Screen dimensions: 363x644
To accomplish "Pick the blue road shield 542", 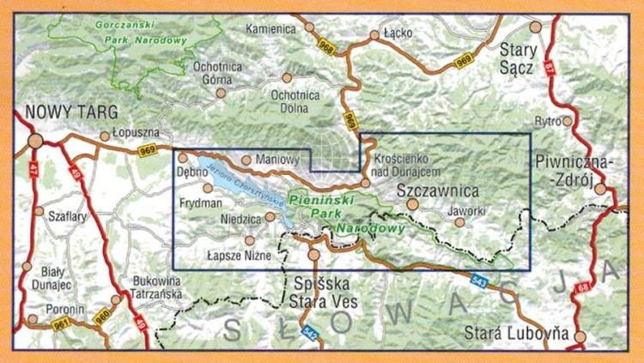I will pyautogui.click(x=310, y=330).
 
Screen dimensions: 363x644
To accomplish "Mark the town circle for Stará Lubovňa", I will pyautogui.click(x=581, y=336).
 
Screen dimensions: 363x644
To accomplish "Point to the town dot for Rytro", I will pyautogui.click(x=567, y=121).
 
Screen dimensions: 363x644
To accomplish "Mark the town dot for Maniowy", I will pyautogui.click(x=246, y=160).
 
